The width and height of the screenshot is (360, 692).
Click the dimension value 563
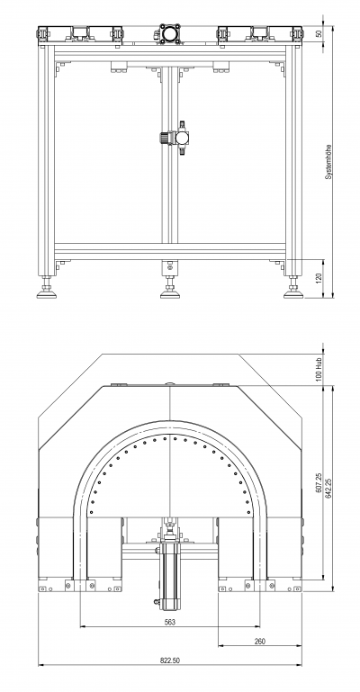[x=170, y=622]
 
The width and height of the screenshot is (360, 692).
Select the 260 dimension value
[x=260, y=642]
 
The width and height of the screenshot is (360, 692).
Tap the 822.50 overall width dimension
[x=170, y=661]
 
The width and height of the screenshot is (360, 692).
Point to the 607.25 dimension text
[x=319, y=483]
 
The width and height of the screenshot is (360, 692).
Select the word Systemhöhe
[x=328, y=161]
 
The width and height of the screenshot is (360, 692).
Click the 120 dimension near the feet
[x=319, y=278]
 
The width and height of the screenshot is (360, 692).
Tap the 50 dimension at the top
[x=319, y=33]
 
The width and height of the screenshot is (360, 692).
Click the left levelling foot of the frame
[x=46, y=288]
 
